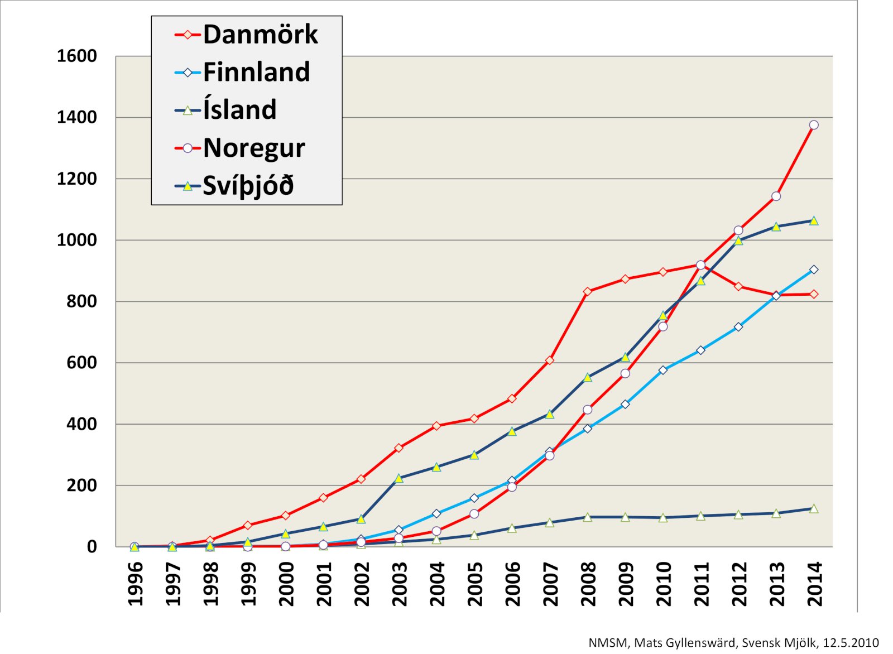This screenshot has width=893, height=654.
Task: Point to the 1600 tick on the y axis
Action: pos(76,56)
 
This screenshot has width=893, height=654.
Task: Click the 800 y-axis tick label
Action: pos(81,301)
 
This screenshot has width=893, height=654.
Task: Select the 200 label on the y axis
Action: pos(81,485)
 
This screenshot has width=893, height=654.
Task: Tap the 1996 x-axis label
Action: pos(135,584)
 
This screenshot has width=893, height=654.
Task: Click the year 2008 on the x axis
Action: pos(588,584)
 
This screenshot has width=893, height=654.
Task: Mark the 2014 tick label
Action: pos(815,584)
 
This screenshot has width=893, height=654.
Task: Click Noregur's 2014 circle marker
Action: pos(814,125)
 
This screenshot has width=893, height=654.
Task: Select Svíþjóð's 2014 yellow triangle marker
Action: pos(814,221)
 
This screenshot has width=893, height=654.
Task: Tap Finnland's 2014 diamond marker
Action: pos(814,270)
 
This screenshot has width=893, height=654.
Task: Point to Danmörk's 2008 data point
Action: pos(587,291)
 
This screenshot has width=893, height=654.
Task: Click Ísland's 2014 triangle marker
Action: pos(814,509)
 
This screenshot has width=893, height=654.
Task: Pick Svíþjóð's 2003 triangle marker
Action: pos(399,478)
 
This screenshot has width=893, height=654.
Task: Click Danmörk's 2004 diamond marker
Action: pos(436,426)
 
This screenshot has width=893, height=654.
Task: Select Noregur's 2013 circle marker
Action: pos(776,196)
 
